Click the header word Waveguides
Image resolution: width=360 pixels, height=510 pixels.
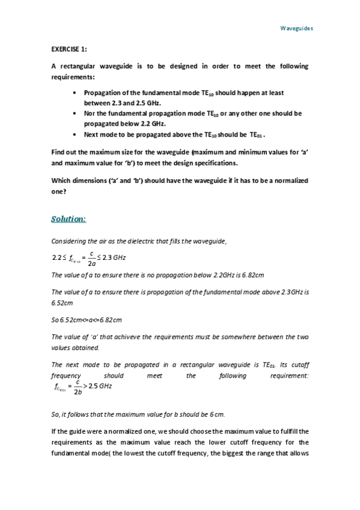coord(297,28)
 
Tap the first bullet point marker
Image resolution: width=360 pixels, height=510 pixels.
coord(73,93)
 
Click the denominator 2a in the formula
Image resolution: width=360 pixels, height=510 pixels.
coord(90,263)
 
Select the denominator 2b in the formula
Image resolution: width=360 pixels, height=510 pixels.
coord(78,392)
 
